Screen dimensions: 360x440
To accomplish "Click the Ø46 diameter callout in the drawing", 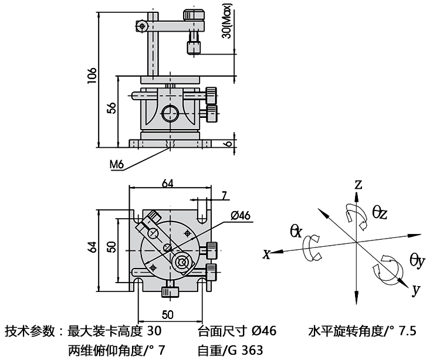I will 241,215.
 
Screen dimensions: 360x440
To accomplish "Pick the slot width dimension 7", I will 224,195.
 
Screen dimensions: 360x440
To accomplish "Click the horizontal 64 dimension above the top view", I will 167,183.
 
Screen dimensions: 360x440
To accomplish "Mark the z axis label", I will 358,185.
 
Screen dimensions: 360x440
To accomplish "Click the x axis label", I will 266,254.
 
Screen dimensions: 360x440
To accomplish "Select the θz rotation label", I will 380,213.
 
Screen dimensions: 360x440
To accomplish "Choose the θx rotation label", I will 296,231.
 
